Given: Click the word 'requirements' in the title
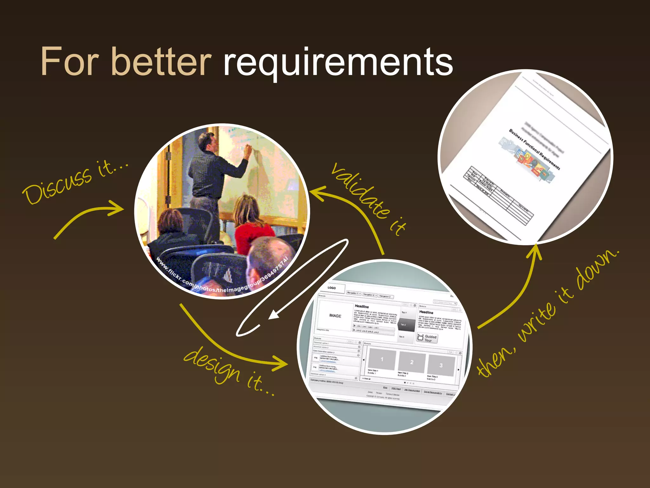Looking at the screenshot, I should point(338,62).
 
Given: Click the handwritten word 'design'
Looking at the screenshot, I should point(212,365).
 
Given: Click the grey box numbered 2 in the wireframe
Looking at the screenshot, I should point(412,362).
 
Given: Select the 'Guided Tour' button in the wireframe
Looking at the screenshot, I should point(427,338).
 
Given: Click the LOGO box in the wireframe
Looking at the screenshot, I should point(332,288).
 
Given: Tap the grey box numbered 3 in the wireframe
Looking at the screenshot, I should point(441,365).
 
